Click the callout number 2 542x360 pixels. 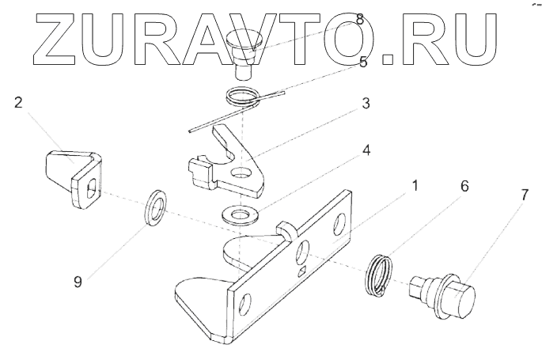click(x=18, y=104)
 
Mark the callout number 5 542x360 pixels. click(x=363, y=62)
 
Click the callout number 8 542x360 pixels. click(x=361, y=19)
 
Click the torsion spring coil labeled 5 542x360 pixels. click(x=243, y=98)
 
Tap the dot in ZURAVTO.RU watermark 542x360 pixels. click(x=387, y=57)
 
